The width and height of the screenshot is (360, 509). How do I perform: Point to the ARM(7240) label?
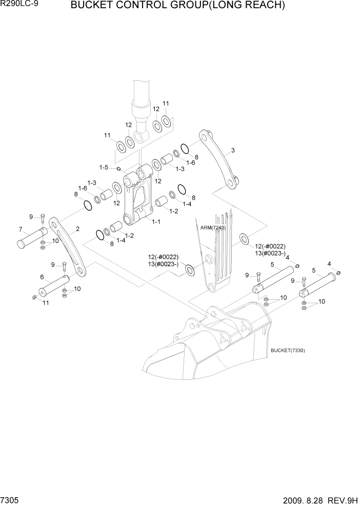(212, 228)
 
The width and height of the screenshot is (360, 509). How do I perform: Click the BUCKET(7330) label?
(287, 350)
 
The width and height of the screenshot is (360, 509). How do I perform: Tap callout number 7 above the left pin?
(21, 229)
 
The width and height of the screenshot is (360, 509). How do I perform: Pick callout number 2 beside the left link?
(77, 229)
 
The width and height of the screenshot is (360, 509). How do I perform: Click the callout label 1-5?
(104, 167)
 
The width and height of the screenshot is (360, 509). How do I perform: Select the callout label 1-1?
(156, 221)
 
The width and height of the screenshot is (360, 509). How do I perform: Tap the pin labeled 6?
(54, 286)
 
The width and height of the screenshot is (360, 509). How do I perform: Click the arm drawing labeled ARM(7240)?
(218, 257)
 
